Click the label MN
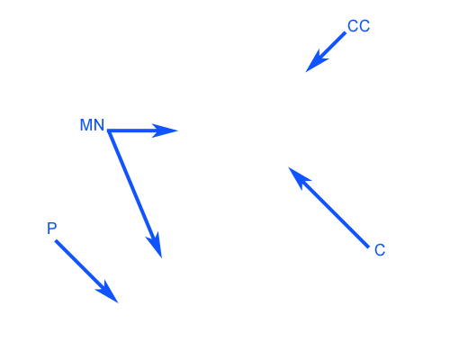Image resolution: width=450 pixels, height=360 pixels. click(x=92, y=125)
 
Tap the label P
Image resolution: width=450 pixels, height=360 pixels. click(x=52, y=229)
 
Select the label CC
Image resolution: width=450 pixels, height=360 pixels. click(x=358, y=26)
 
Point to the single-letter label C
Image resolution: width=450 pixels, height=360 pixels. click(x=380, y=250)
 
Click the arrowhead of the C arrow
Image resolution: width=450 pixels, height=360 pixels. click(x=299, y=178)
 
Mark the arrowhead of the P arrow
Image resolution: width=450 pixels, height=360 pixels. click(x=108, y=292)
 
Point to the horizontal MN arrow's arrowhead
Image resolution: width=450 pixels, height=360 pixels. click(x=165, y=130)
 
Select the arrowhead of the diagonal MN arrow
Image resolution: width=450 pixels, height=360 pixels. click(x=156, y=245)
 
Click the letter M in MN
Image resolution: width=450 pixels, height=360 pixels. click(x=85, y=125)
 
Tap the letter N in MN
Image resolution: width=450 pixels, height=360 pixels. click(x=98, y=125)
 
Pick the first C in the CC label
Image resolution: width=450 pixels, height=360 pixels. click(x=353, y=26)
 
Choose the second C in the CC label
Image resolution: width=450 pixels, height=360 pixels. click(x=364, y=26)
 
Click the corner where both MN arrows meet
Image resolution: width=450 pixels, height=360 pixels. click(x=109, y=130)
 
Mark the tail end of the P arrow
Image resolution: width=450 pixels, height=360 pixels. click(x=56, y=240)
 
